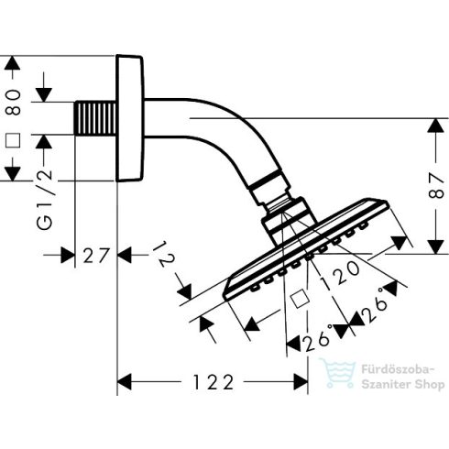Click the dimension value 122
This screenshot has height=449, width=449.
click(214, 382)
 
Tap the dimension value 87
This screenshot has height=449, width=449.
click(436, 186)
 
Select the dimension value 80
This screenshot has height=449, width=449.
click(14, 103)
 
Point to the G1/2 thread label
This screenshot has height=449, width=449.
click(44, 200)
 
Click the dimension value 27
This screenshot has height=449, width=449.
click(96, 256)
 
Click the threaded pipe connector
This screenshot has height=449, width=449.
click(95, 117)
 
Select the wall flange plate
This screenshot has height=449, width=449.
click(130, 118)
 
